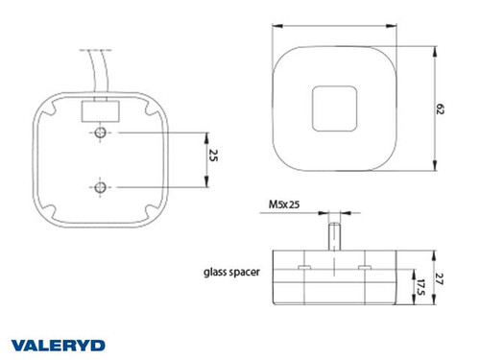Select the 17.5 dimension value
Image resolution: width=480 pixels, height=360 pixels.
[420, 288]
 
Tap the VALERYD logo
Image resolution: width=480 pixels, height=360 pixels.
[60, 344]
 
